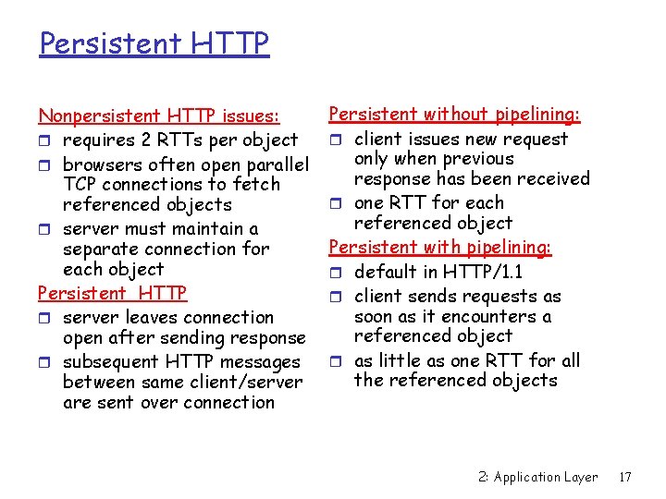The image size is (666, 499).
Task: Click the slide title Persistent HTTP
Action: [154, 43]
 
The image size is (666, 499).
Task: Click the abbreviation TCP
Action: [80, 184]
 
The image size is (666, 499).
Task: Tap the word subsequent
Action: [109, 361]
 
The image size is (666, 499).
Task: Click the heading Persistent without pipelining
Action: [454, 115]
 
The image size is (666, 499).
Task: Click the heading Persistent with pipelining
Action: [440, 247]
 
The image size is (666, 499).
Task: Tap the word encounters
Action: [494, 316]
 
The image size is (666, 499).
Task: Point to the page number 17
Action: [625, 477]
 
